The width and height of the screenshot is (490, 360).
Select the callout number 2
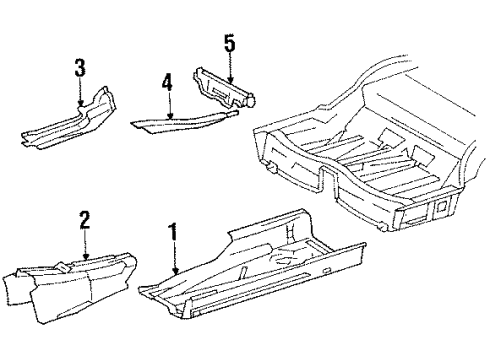[84, 219]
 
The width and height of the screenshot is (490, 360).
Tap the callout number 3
[80, 68]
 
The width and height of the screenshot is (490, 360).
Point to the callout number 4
[167, 83]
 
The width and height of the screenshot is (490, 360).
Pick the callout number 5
[230, 44]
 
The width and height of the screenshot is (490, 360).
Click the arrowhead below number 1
[176, 270]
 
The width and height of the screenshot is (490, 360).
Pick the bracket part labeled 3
[69, 121]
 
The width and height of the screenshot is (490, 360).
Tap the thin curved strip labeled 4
[183, 121]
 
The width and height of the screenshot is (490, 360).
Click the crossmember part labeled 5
[224, 89]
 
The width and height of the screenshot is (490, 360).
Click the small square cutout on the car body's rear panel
[442, 207]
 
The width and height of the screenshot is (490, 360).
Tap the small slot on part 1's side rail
[327, 270]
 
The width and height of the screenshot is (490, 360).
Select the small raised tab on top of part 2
[62, 266]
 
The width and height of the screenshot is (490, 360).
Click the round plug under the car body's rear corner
[383, 227]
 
